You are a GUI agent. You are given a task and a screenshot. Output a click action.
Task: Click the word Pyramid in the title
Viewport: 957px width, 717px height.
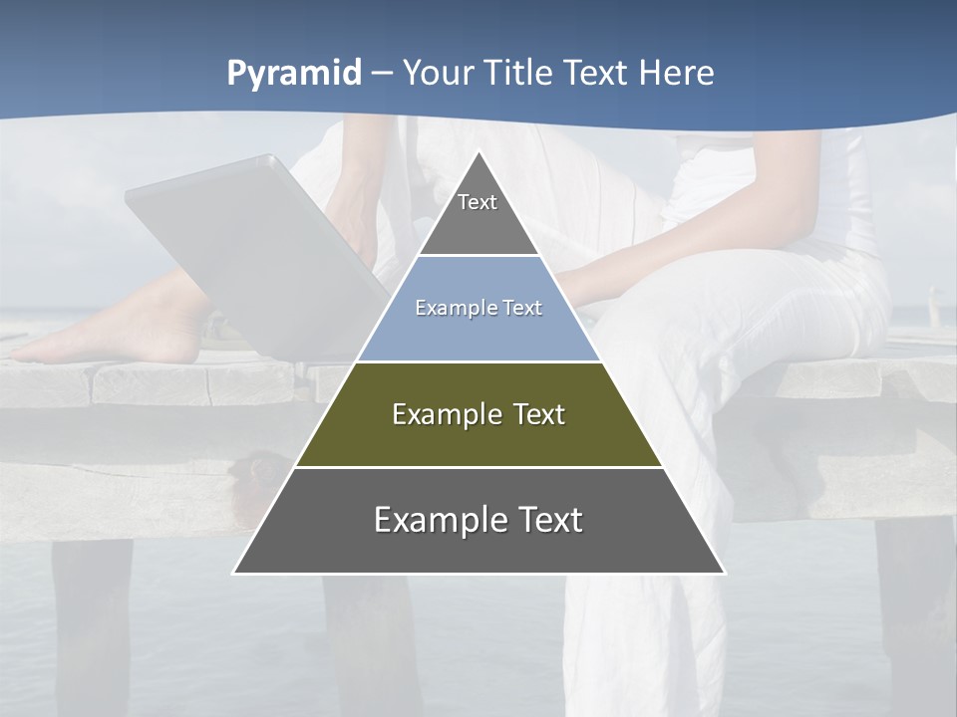point(293,74)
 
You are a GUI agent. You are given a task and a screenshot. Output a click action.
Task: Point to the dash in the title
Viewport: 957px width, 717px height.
point(382,74)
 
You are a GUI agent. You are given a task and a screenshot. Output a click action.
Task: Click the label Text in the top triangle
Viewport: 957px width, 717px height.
point(478,202)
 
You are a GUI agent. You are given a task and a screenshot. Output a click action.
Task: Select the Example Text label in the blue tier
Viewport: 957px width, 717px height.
point(478,308)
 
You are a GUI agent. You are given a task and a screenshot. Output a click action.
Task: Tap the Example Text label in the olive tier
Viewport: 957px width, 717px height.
point(478,414)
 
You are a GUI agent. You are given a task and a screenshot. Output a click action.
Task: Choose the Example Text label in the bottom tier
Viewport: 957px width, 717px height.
point(478,520)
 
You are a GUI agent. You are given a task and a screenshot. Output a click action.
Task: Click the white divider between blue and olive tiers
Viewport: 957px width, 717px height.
point(478,361)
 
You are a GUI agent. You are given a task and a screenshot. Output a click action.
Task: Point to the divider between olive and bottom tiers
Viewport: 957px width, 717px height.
point(478,467)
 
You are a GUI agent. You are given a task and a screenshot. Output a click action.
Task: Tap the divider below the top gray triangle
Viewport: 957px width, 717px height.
point(478,255)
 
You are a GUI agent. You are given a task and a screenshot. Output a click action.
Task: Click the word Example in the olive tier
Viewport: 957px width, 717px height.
point(436,414)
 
